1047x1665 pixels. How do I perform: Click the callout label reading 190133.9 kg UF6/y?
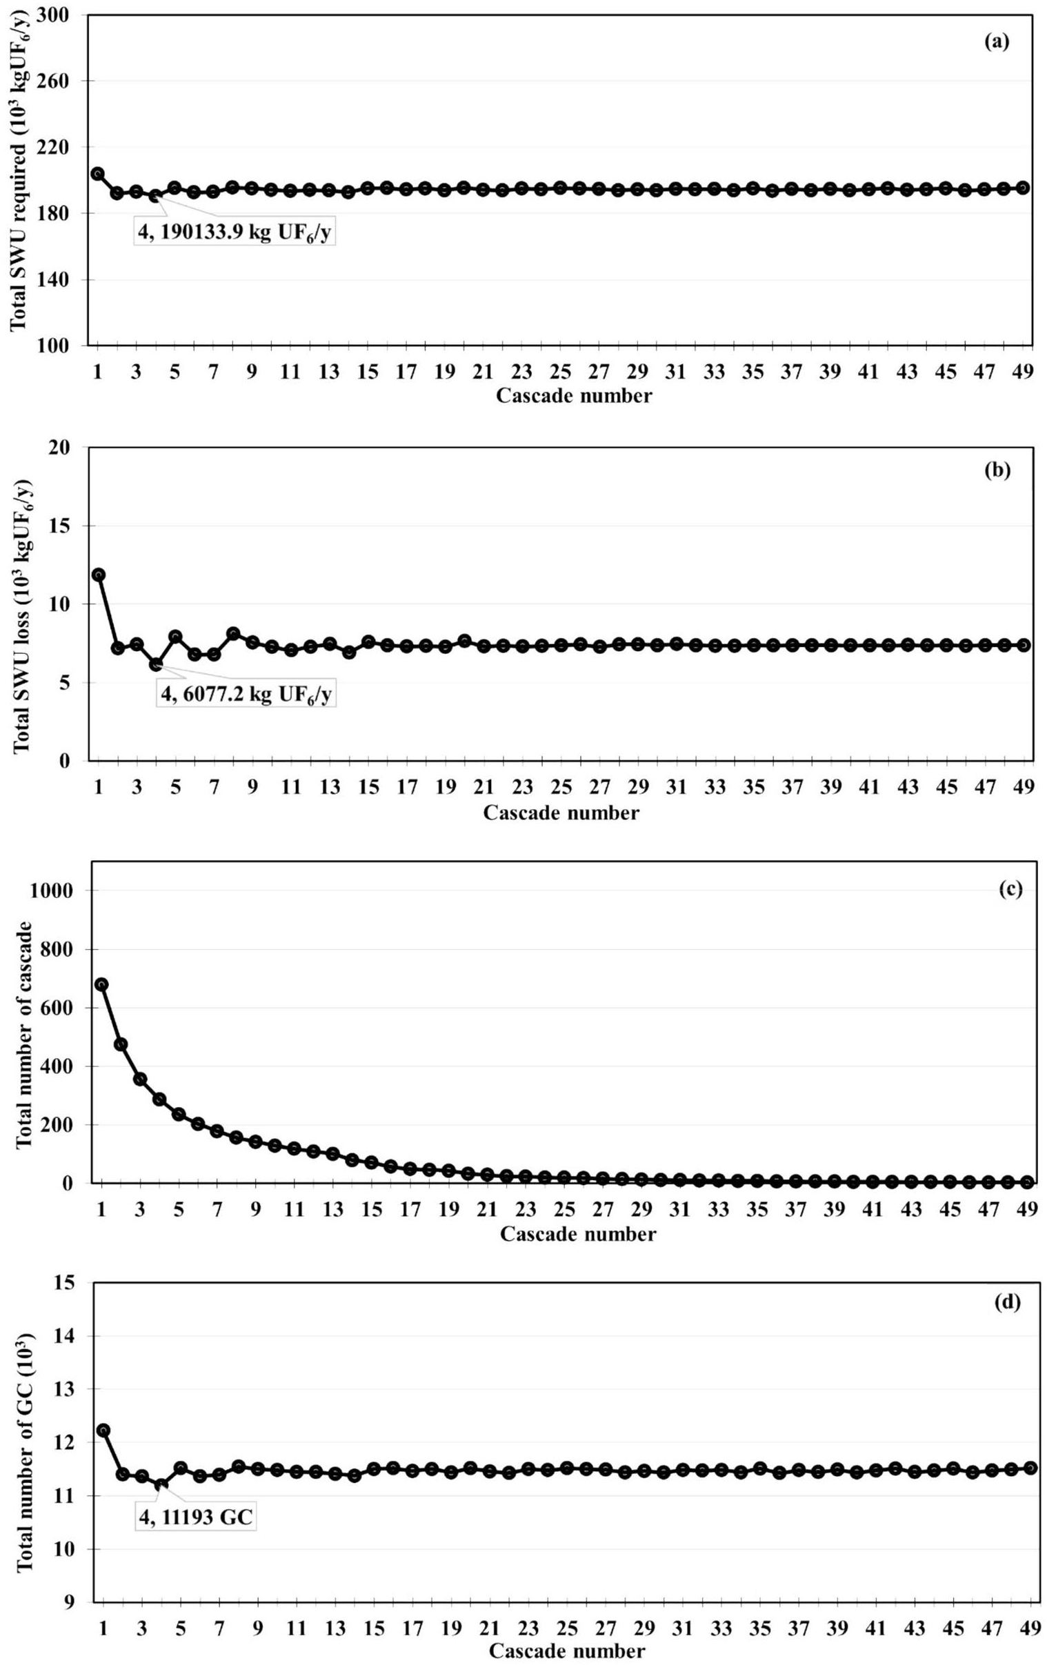coord(235,234)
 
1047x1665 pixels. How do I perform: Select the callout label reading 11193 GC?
coord(196,1515)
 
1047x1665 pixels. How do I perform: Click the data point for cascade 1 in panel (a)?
coord(97,174)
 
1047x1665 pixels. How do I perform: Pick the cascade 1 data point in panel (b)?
coord(98,575)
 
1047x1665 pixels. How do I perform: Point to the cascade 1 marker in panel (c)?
coord(101,984)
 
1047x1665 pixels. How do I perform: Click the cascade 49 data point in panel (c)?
coord(1027,1182)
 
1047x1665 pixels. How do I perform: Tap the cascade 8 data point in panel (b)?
coord(233,633)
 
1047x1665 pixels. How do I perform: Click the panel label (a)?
coord(997,42)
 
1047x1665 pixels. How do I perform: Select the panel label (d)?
coord(1006,1303)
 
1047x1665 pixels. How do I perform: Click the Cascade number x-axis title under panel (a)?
coord(573,396)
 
